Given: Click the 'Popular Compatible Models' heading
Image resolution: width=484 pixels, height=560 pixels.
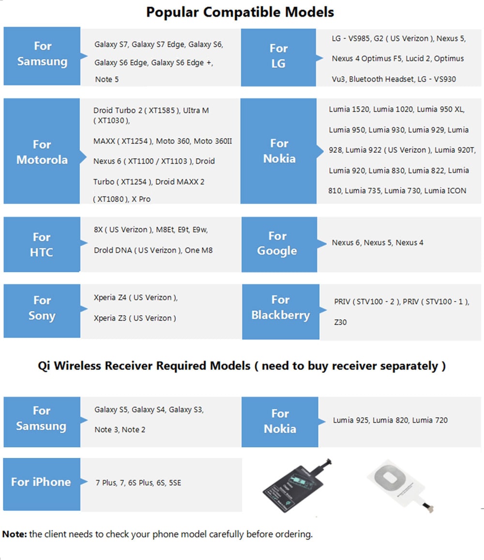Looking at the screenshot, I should tap(240, 12).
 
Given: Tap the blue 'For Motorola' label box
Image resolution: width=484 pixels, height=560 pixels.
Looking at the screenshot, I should tap(42, 151).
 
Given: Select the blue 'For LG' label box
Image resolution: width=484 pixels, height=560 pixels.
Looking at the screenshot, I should tap(278, 56).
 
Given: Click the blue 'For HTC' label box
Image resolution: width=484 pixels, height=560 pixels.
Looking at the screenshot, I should tap(42, 244).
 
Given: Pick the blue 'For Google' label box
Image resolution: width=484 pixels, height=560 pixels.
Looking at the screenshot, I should tap(277, 243).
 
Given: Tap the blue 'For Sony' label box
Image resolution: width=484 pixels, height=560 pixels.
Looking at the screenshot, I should tap(42, 308).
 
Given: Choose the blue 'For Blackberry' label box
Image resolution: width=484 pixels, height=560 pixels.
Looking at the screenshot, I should tap(280, 308).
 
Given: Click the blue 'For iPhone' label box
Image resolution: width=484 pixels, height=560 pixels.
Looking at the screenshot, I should tap(41, 482).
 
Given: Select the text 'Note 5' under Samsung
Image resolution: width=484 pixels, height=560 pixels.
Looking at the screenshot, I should tap(106, 79).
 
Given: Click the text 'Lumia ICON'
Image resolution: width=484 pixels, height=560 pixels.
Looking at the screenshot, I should tap(445, 191).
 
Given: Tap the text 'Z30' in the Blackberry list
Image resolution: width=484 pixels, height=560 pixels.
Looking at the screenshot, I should tap(340, 322).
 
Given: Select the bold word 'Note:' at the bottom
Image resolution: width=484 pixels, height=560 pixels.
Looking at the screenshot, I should tap(15, 534).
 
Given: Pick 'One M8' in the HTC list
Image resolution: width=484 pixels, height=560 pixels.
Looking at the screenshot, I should tap(198, 250).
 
